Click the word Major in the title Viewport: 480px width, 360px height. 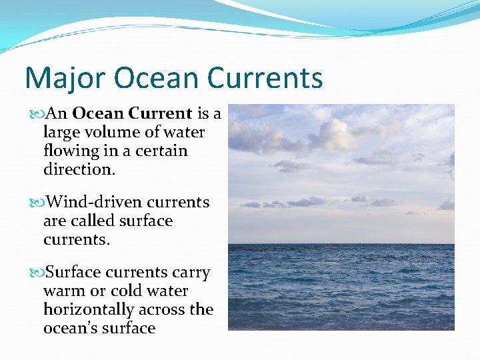pos(65,78)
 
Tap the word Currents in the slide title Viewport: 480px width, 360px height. pos(265,78)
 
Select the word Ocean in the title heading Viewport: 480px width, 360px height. pos(157,78)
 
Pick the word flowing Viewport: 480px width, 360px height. pos(71,151)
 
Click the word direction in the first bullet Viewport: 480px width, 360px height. pos(78,169)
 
